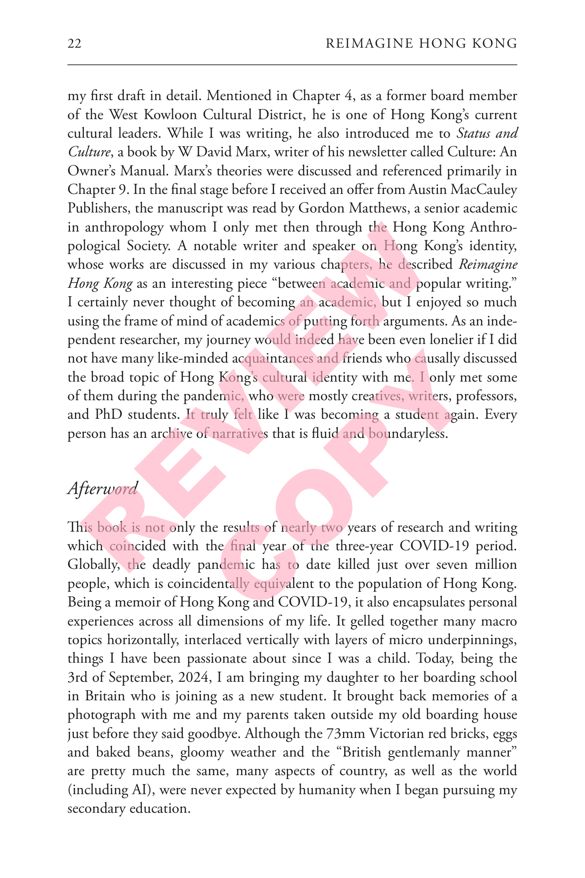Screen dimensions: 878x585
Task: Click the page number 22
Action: coord(74,44)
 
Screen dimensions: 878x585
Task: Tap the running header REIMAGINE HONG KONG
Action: coord(421,44)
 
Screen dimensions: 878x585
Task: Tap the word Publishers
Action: coord(99,209)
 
